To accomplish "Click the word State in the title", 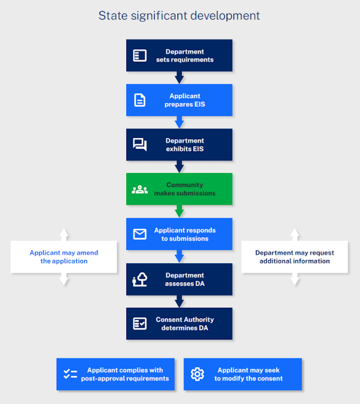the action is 113,16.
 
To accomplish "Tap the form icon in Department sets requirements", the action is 140,56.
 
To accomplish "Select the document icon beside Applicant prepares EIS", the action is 140,100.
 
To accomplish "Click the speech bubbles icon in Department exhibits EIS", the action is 140,145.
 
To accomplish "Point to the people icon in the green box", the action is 140,189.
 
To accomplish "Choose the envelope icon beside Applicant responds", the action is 140,234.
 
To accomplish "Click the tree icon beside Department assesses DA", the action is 140,279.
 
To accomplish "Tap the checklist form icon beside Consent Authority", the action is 140,324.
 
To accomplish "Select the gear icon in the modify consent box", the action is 198,374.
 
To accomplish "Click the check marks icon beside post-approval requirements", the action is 70,374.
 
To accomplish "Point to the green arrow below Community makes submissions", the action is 179,211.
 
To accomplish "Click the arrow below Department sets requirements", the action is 179,77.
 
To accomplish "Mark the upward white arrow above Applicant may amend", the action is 64,234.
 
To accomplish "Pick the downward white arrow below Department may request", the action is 295,279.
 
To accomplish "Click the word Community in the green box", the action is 185,185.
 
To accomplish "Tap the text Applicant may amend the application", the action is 64,257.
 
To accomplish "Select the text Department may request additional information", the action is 294,257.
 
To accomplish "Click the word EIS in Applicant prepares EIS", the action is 200,105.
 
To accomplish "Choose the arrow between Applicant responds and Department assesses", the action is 179,257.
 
